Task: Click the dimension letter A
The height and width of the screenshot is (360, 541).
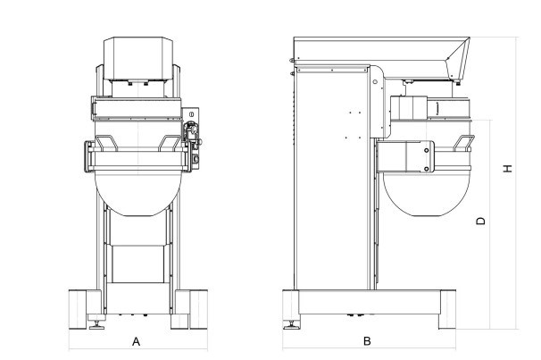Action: click(137, 341)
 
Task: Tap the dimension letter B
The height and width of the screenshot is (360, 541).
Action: click(367, 341)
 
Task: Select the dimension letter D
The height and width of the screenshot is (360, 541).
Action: click(480, 221)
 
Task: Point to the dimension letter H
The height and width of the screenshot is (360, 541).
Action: click(508, 169)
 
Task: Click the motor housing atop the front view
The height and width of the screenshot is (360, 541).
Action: click(138, 59)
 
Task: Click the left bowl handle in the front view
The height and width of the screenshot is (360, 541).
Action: click(106, 143)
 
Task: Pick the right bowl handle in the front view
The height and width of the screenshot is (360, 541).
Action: click(170, 143)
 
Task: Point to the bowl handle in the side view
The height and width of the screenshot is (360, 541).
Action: click(463, 143)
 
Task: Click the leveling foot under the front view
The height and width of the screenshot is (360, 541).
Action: click(97, 325)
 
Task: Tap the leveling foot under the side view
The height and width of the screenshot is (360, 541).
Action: click(292, 325)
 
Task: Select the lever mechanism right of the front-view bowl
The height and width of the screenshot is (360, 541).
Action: click(192, 138)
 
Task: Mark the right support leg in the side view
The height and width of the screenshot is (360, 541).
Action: click(447, 310)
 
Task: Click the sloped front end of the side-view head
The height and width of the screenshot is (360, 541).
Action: click(459, 59)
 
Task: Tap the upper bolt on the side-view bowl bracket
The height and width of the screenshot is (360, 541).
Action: click(427, 150)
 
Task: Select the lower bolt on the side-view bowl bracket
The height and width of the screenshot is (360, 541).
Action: click(427, 169)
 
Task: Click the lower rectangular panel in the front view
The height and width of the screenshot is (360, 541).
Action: click(138, 264)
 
